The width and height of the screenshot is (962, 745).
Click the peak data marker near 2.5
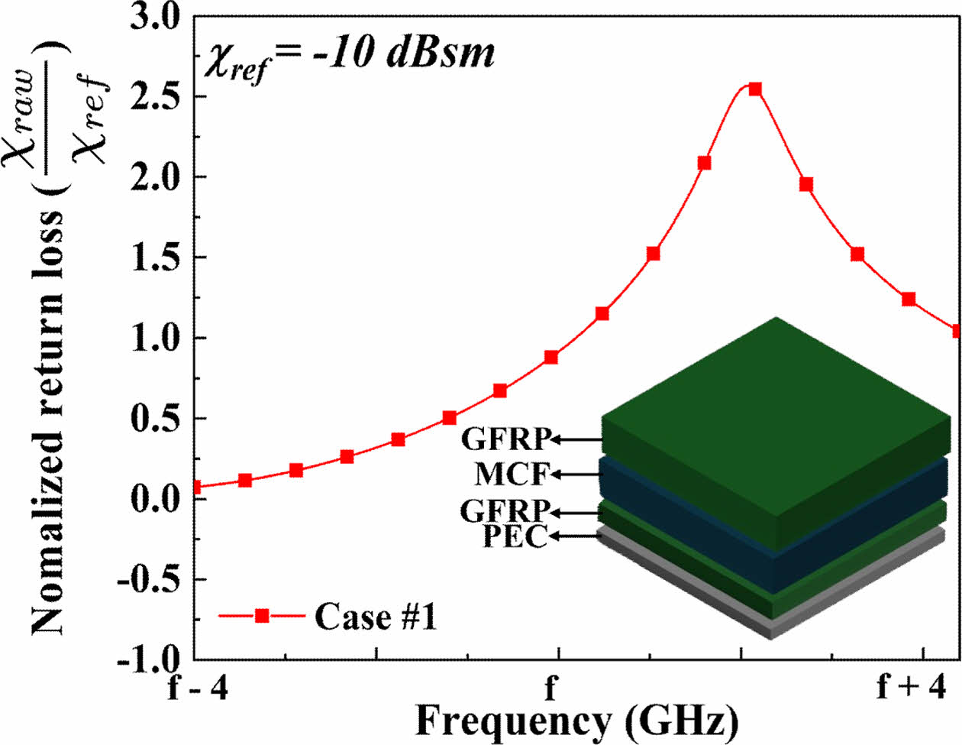755,89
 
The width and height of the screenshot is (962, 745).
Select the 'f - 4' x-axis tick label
198,687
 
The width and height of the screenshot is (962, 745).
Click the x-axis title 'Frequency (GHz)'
576,721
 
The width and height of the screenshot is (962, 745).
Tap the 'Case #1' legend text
376,617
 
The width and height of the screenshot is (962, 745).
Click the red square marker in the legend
262,616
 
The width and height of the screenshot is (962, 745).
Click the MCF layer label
512,475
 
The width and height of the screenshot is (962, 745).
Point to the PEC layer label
515,537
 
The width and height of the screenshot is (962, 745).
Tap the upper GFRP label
505,439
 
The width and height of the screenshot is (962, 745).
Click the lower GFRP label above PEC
505,511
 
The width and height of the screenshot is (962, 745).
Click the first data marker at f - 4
195,487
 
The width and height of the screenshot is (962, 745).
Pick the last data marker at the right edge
957,331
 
